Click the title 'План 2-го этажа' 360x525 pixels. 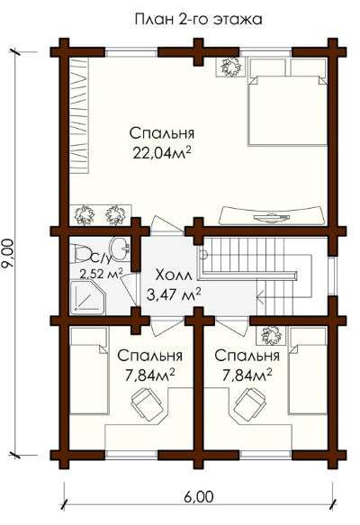(x=198, y=19)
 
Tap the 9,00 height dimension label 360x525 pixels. (x=8, y=253)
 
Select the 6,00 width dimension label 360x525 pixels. (x=198, y=496)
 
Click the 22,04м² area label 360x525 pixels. (x=162, y=153)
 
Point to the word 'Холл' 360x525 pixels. (x=174, y=276)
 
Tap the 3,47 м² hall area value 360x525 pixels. (x=174, y=294)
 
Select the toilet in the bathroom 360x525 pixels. (x=81, y=253)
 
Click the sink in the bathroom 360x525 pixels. (x=120, y=249)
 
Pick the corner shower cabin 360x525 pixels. (x=87, y=298)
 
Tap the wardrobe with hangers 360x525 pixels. (x=79, y=114)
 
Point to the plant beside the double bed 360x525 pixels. (x=231, y=68)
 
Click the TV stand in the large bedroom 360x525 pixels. (x=272, y=215)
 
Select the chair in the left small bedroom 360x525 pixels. (x=148, y=403)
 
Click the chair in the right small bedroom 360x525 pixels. (x=249, y=404)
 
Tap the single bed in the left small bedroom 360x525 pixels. (x=89, y=371)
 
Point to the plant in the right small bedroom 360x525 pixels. (x=272, y=336)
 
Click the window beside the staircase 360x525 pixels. (x=331, y=276)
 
